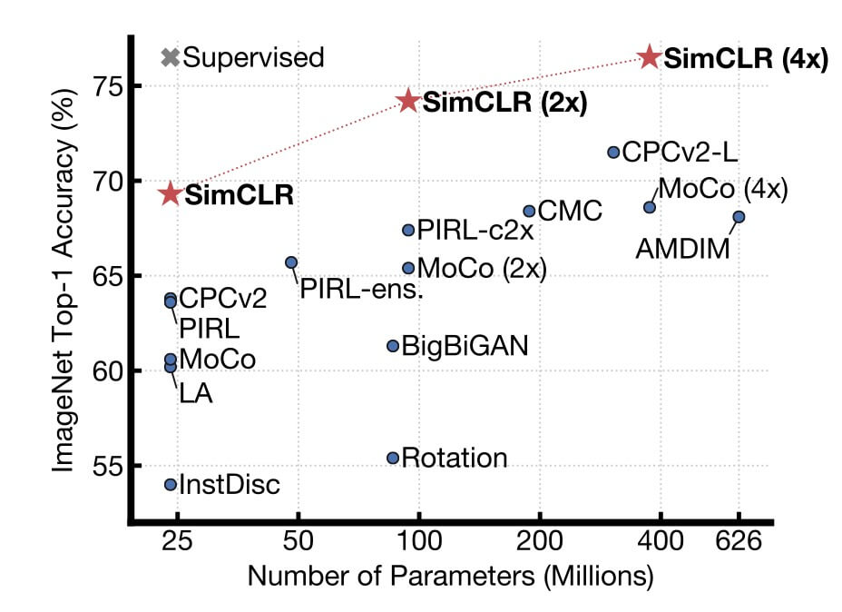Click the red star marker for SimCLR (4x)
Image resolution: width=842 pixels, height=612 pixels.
click(x=649, y=57)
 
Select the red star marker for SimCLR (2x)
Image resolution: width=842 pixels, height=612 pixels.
click(x=408, y=101)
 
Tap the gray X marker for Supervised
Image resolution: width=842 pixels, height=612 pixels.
click(x=170, y=57)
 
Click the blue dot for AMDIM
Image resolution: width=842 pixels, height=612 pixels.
click(x=739, y=216)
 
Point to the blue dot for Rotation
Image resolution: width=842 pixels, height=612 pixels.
click(x=393, y=458)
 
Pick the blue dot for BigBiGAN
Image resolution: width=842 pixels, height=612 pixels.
click(x=393, y=346)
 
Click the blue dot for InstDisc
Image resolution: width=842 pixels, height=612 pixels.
click(x=171, y=484)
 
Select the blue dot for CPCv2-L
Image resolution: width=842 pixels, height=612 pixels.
click(x=613, y=153)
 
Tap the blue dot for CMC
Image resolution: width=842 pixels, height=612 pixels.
click(x=529, y=211)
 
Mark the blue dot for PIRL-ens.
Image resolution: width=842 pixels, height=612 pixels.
click(x=291, y=262)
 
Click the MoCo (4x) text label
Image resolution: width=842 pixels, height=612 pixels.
click(x=721, y=189)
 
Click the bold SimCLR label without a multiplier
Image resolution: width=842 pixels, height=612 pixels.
click(x=240, y=195)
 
